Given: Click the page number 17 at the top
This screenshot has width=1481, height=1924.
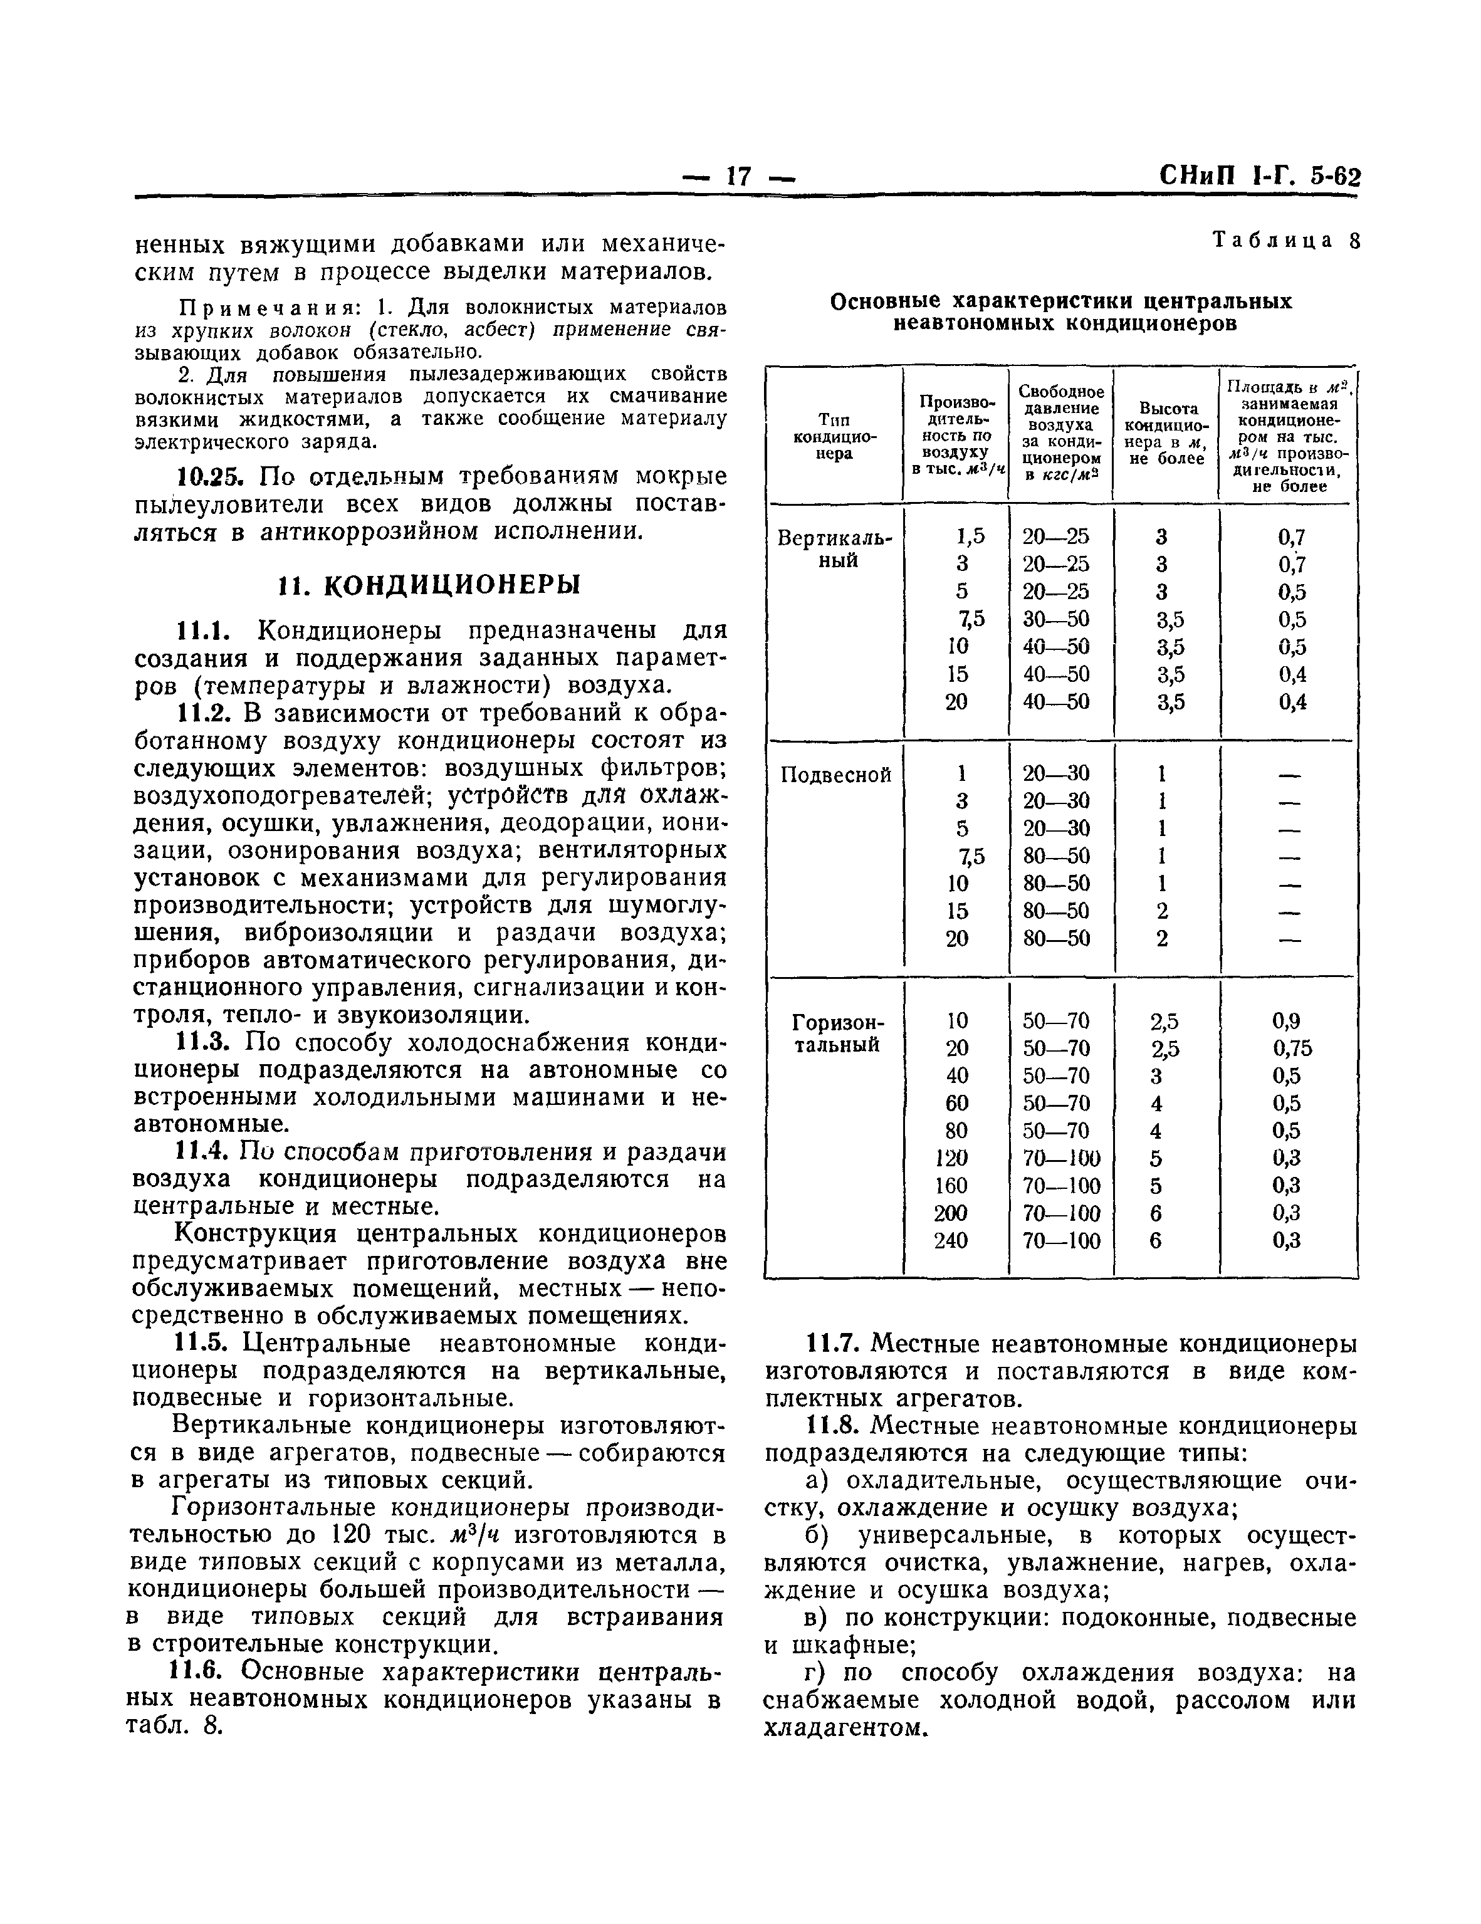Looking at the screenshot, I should (x=738, y=176).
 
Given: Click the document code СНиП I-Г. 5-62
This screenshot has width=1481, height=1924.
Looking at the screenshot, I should (x=1259, y=177).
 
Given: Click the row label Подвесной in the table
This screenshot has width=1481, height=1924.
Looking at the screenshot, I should (x=835, y=775).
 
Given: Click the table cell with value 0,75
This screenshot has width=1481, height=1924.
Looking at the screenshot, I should (x=1292, y=1047).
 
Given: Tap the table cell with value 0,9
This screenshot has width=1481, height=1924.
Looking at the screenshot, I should (x=1285, y=1020).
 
